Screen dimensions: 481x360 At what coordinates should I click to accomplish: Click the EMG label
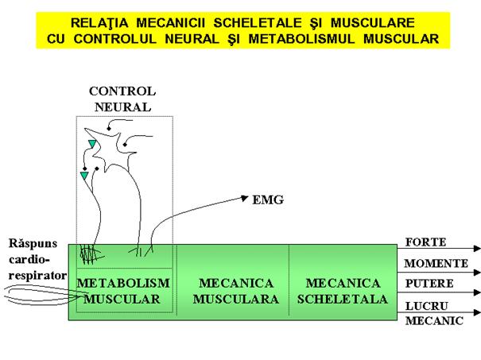coord(268,200)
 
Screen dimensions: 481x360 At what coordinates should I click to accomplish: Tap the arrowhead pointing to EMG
coord(245,198)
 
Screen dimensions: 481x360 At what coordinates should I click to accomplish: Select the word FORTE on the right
coord(426,242)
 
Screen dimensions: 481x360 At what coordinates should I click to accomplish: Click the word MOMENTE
coord(436,263)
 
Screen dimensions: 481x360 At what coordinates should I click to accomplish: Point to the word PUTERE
coord(429,284)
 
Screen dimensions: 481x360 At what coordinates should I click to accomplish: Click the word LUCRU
coord(427,306)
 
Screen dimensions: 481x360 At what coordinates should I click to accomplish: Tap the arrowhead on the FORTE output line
coord(477,249)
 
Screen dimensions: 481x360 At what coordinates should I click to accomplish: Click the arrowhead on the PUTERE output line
coord(477,292)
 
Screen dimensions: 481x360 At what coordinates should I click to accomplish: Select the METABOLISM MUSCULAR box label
coord(123,291)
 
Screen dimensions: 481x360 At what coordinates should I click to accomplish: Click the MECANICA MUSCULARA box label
coord(236,291)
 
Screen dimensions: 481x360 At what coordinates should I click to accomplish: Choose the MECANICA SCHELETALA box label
coord(343,291)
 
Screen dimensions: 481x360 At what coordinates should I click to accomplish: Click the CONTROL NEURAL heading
coord(122,99)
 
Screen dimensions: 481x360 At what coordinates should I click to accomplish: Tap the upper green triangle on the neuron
coord(91,144)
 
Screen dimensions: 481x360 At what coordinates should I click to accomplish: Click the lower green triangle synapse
coord(84,176)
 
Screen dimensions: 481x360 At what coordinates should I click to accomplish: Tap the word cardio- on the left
coord(29,259)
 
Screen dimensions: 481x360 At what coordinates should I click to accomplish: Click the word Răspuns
coord(33,243)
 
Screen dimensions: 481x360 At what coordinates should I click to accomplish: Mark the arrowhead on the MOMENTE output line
coord(477,273)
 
